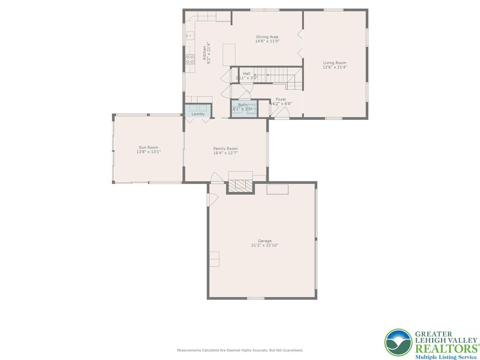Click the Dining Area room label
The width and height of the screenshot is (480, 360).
point(267,37)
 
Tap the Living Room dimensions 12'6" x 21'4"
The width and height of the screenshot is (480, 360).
point(335,67)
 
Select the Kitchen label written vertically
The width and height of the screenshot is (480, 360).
point(204,52)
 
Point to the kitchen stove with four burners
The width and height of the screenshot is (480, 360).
point(190,59)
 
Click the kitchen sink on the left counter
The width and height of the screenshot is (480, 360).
point(190,36)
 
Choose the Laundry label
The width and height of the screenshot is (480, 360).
point(198,114)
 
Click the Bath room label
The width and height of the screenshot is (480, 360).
point(242,105)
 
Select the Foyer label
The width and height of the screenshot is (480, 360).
point(281,99)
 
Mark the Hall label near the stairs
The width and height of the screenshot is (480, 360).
point(247,74)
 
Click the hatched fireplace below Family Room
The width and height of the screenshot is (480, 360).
point(240,187)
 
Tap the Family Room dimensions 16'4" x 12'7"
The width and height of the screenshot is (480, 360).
point(225,153)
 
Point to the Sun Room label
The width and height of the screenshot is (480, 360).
point(148,147)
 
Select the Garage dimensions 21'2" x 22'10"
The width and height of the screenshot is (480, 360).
point(265,245)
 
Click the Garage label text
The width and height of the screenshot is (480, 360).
point(265,241)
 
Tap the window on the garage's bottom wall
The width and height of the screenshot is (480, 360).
point(255,298)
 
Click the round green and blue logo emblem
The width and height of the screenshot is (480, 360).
point(398,343)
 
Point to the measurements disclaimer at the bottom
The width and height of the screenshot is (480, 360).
point(240,350)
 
